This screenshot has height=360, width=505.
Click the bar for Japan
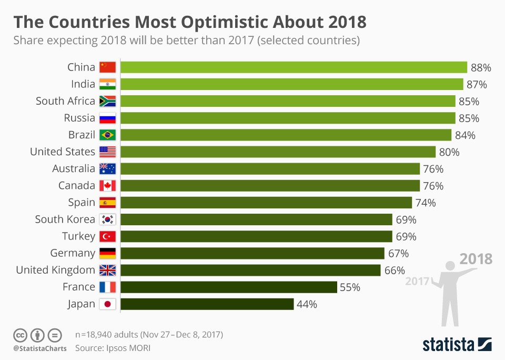point(207,304)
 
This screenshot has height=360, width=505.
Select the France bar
point(229,287)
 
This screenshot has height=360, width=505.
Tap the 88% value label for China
point(481,67)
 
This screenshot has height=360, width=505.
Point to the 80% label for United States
point(449,152)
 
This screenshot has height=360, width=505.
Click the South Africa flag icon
point(107,101)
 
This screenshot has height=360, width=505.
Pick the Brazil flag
point(107,135)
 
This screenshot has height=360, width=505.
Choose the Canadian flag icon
point(107,186)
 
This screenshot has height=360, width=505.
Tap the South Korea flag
point(107,219)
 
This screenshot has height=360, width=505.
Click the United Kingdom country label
point(55,270)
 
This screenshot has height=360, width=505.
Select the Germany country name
point(73,253)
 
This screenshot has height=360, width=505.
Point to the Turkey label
point(79,236)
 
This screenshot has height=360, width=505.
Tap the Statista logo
point(457,344)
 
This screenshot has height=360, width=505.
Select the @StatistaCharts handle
point(39,348)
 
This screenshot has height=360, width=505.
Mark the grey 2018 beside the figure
point(476,259)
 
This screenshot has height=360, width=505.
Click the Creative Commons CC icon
point(21,335)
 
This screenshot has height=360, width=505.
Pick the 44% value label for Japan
point(307,304)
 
